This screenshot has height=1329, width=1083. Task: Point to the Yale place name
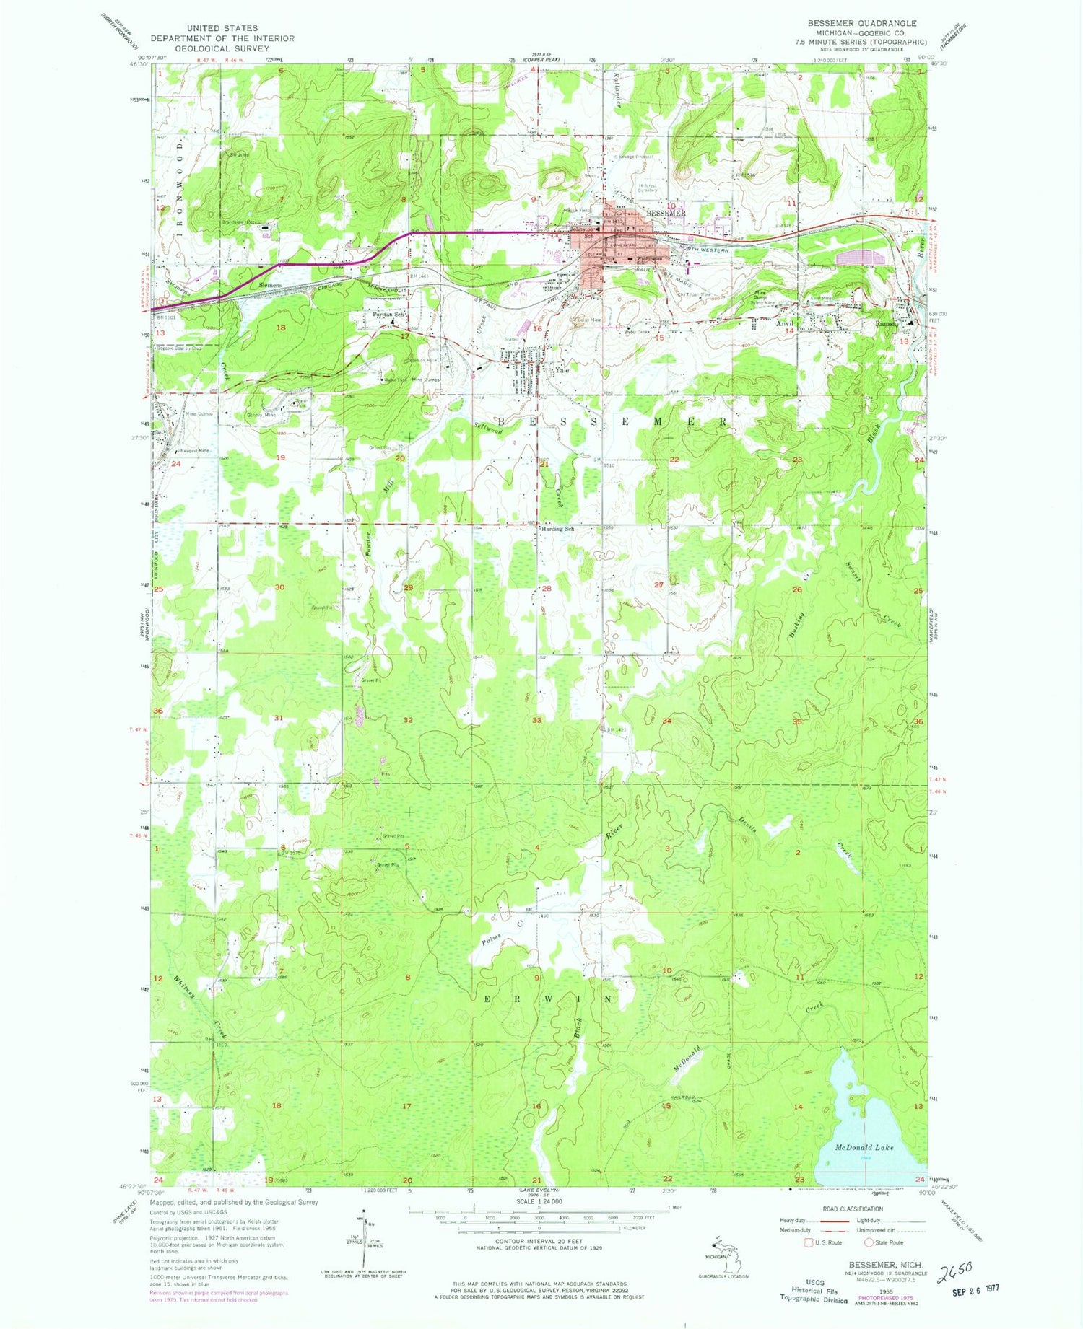tap(562, 370)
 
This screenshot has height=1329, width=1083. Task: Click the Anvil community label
tap(785, 324)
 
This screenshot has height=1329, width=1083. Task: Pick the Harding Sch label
tap(558, 529)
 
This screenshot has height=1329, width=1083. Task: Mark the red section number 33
tap(536, 720)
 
